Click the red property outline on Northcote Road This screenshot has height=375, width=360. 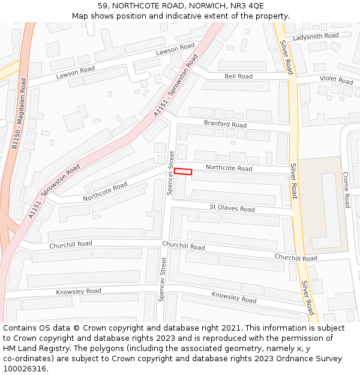point(183,172)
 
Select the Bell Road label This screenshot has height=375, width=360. point(238,76)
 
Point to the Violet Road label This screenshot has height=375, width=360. point(336,80)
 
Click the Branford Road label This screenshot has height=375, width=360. point(225,124)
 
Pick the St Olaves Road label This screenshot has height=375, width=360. point(232,208)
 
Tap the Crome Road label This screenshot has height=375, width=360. point(346,190)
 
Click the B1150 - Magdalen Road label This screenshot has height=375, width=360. point(19,114)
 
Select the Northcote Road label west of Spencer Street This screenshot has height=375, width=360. point(105,191)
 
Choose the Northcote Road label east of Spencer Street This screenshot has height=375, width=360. point(229,168)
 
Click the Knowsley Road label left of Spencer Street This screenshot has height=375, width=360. point(79,292)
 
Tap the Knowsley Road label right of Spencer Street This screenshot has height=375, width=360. point(233,296)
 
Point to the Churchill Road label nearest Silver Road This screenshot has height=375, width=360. point(295,257)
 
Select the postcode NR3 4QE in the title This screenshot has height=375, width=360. point(247,6)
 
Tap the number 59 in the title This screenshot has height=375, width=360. point(103,6)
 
